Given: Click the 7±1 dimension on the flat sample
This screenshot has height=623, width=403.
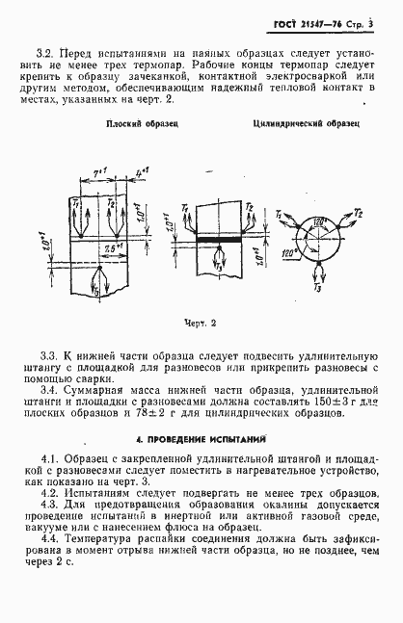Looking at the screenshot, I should pos(98,173).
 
